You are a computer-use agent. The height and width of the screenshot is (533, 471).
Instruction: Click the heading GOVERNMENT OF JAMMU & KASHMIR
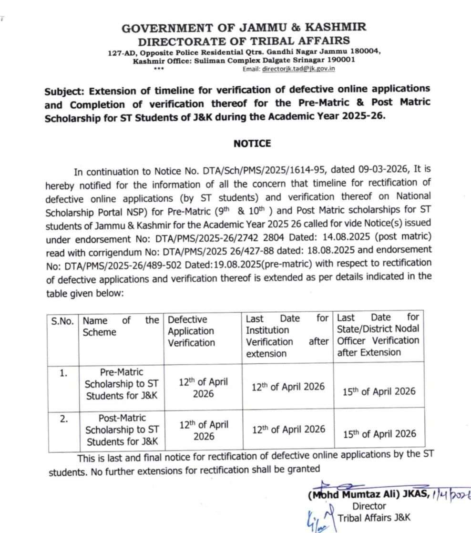point(244,28)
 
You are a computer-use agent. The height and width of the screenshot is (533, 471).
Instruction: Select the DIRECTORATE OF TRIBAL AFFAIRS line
point(244,41)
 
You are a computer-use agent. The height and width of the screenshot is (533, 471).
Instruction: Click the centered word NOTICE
point(252,143)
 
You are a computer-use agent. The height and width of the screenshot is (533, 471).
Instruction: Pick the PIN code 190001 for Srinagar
point(337,60)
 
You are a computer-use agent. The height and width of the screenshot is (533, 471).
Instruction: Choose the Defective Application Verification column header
point(191,331)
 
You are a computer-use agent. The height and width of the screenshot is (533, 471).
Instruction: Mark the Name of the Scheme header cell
point(121,327)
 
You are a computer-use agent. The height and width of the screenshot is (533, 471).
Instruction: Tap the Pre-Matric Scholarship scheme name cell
point(122,384)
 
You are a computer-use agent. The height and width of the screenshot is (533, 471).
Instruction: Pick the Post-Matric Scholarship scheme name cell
point(122,430)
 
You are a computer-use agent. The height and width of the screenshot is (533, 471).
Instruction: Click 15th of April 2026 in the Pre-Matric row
point(379,391)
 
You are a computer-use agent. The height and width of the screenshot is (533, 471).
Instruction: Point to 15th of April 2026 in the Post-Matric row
point(379,434)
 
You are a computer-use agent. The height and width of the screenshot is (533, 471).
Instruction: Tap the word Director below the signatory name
point(369,506)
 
